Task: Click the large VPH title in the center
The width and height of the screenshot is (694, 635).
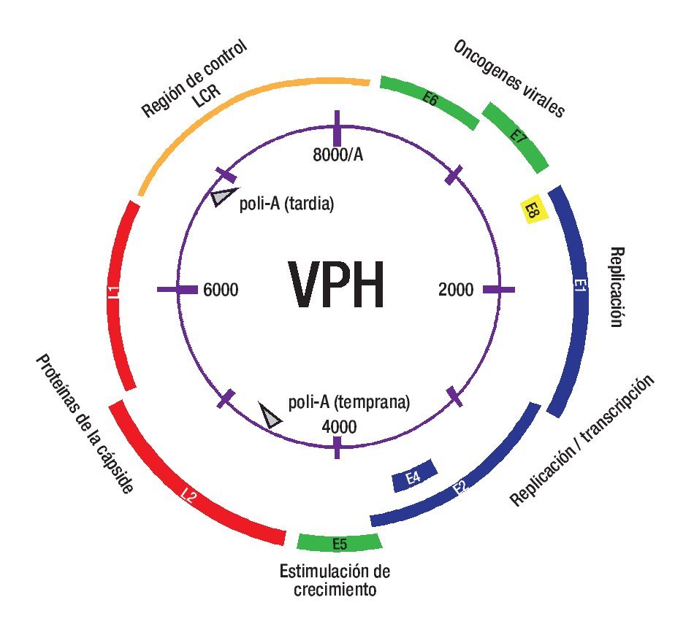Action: (336, 285)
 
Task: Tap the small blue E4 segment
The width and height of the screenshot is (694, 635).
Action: (413, 476)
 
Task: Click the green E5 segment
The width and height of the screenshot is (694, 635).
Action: (340, 542)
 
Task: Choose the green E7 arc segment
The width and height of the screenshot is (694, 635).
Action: (517, 136)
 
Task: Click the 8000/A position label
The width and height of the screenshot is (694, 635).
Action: (335, 155)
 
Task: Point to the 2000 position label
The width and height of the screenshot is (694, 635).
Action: (456, 290)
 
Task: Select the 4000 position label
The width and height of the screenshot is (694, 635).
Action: (338, 427)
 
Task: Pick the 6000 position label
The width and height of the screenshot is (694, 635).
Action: (221, 290)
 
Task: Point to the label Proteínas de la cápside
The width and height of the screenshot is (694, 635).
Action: (82, 425)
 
